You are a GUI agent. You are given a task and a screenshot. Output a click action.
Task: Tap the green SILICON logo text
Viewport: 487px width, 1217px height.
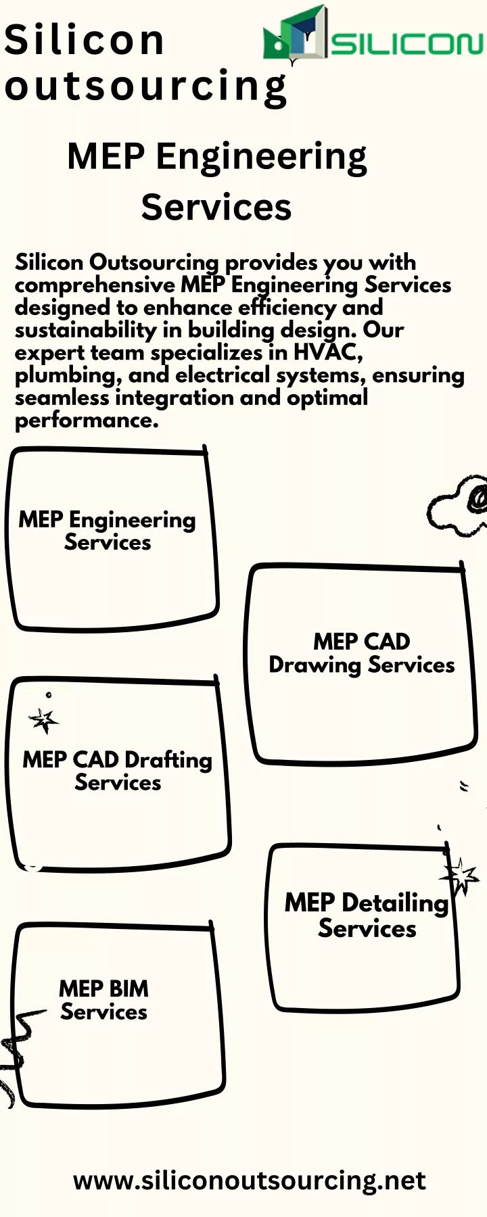pyautogui.click(x=407, y=45)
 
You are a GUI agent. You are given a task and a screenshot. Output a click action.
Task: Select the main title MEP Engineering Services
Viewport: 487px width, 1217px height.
pyautogui.click(x=217, y=181)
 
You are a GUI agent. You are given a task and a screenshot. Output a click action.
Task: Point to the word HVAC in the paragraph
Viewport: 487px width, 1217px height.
pyautogui.click(x=328, y=352)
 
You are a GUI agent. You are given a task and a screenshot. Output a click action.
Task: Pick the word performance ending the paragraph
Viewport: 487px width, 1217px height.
pyautogui.click(x=87, y=421)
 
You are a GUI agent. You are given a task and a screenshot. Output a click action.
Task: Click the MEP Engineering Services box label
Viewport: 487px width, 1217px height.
pyautogui.click(x=107, y=531)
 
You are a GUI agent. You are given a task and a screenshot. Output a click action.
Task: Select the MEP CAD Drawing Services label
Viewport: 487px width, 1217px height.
pyautogui.click(x=362, y=653)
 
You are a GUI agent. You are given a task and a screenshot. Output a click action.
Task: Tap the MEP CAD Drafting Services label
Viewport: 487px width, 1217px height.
pyautogui.click(x=118, y=771)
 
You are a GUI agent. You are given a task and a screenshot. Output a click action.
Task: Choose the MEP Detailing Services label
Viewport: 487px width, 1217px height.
pyautogui.click(x=367, y=915)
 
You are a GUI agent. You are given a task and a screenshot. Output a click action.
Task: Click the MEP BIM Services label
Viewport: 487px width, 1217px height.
pyautogui.click(x=103, y=1000)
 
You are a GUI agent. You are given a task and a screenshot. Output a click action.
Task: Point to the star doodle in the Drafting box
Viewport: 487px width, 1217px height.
pyautogui.click(x=44, y=721)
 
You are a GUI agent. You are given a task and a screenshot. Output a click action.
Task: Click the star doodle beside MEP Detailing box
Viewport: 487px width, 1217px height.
pyautogui.click(x=461, y=876)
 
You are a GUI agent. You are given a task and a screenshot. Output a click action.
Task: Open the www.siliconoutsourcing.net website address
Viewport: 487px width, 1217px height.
pyautogui.click(x=250, y=1180)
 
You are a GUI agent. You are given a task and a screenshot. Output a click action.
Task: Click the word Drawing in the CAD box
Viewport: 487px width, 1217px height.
pyautogui.click(x=315, y=665)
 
